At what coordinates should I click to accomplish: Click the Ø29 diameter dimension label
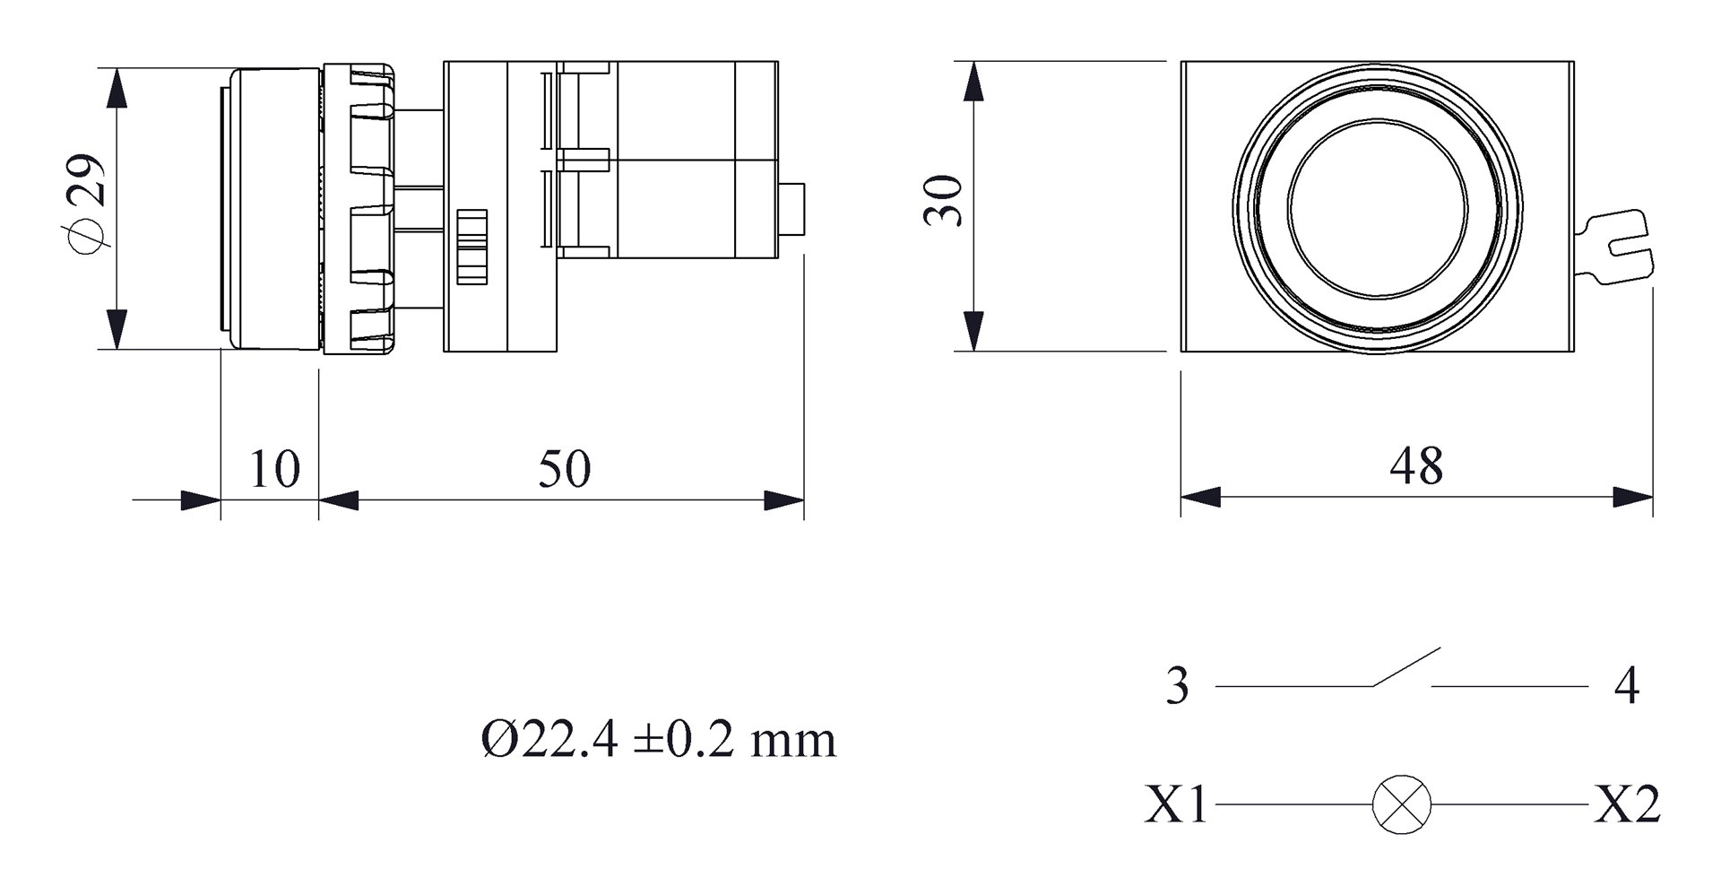click(x=88, y=204)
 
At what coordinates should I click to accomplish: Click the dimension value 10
click(x=273, y=469)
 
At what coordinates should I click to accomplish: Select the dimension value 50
click(x=564, y=469)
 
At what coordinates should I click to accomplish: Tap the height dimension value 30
click(x=944, y=201)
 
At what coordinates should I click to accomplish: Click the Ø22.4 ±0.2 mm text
click(x=659, y=741)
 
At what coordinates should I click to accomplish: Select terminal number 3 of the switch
click(x=1177, y=686)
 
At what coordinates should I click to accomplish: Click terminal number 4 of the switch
click(x=1626, y=686)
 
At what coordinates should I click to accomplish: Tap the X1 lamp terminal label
click(x=1176, y=804)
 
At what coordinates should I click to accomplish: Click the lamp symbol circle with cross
click(x=1401, y=804)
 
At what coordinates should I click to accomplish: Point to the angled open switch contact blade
click(x=1405, y=667)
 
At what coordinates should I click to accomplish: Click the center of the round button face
click(x=1377, y=206)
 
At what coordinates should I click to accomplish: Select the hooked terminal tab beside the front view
click(x=1618, y=246)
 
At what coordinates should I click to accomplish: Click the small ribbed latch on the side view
click(x=471, y=247)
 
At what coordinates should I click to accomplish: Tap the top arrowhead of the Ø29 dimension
click(x=116, y=89)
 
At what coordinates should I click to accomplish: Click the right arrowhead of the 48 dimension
click(x=1634, y=497)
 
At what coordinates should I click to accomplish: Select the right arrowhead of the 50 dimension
click(x=784, y=500)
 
